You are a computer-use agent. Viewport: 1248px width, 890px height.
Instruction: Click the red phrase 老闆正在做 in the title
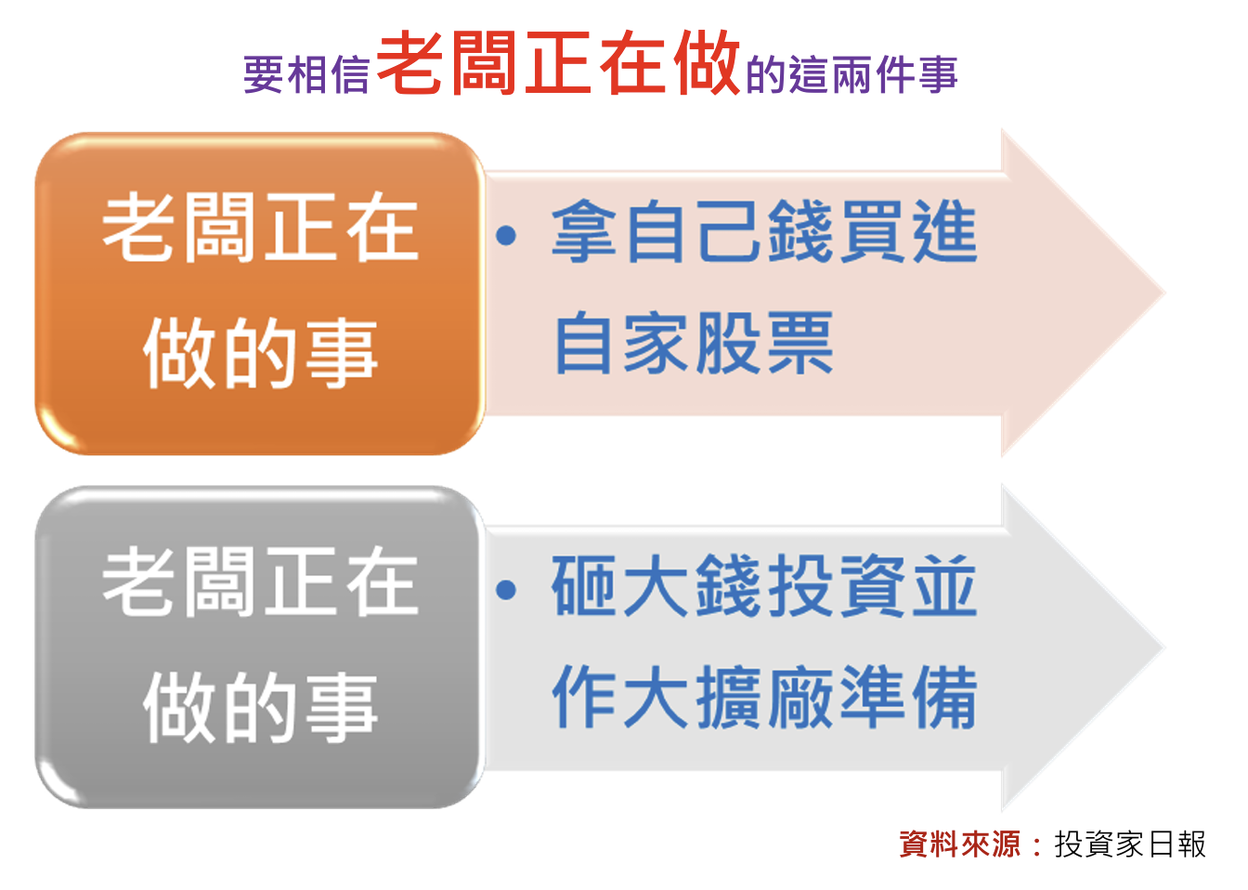click(x=558, y=62)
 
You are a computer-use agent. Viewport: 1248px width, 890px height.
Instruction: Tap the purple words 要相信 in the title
click(x=306, y=74)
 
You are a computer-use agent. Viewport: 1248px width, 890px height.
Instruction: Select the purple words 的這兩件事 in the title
click(x=851, y=74)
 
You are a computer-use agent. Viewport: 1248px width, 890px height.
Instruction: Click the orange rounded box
click(x=260, y=294)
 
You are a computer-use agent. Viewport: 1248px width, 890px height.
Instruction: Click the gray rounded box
click(x=260, y=647)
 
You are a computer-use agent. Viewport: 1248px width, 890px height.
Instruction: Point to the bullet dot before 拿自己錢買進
click(x=506, y=235)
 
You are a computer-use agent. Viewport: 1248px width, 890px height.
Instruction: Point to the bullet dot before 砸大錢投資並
click(x=506, y=590)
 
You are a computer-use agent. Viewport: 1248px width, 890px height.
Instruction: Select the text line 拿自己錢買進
click(x=764, y=230)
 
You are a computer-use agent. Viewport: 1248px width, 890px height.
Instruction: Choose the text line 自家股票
click(x=694, y=342)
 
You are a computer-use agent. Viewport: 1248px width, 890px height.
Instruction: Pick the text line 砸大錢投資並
click(x=764, y=585)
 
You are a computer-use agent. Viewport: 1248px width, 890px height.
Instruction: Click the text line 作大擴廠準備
click(x=764, y=697)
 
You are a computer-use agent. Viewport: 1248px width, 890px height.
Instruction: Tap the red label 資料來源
click(x=959, y=844)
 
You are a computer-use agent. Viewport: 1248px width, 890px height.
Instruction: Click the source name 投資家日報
click(x=1130, y=844)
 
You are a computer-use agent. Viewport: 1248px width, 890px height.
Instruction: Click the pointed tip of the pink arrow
click(x=1165, y=293)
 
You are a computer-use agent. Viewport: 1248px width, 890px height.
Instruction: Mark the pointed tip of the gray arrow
click(x=1165, y=648)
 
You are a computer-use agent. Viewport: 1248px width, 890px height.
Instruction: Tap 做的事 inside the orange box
click(x=260, y=353)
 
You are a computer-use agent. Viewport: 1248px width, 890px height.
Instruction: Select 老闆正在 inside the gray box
click(x=260, y=582)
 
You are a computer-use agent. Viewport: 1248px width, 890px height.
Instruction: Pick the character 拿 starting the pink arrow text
click(x=584, y=230)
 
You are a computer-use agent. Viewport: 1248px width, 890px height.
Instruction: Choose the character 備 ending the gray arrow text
click(x=945, y=697)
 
